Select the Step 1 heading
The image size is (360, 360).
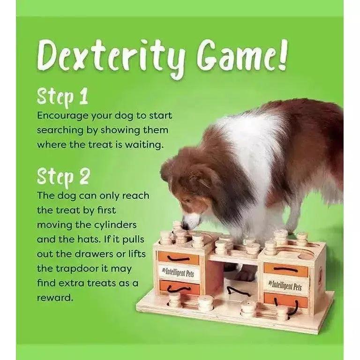(x=62, y=96)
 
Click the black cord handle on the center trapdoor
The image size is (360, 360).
(x=239, y=291)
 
